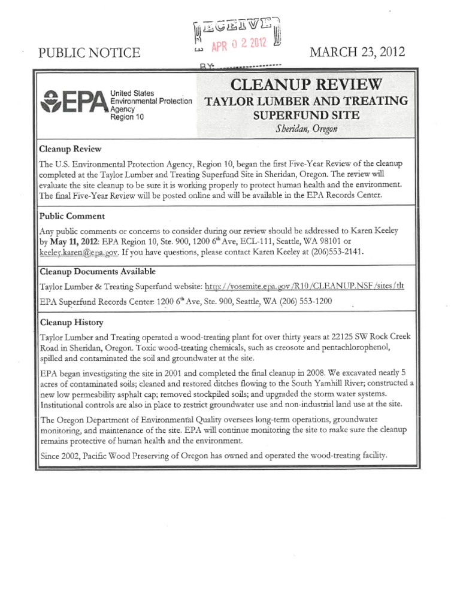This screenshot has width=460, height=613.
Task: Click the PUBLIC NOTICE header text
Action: pos(89,53)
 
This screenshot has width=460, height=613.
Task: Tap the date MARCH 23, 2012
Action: pos(357,52)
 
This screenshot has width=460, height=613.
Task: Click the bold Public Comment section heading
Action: pos(72,216)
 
